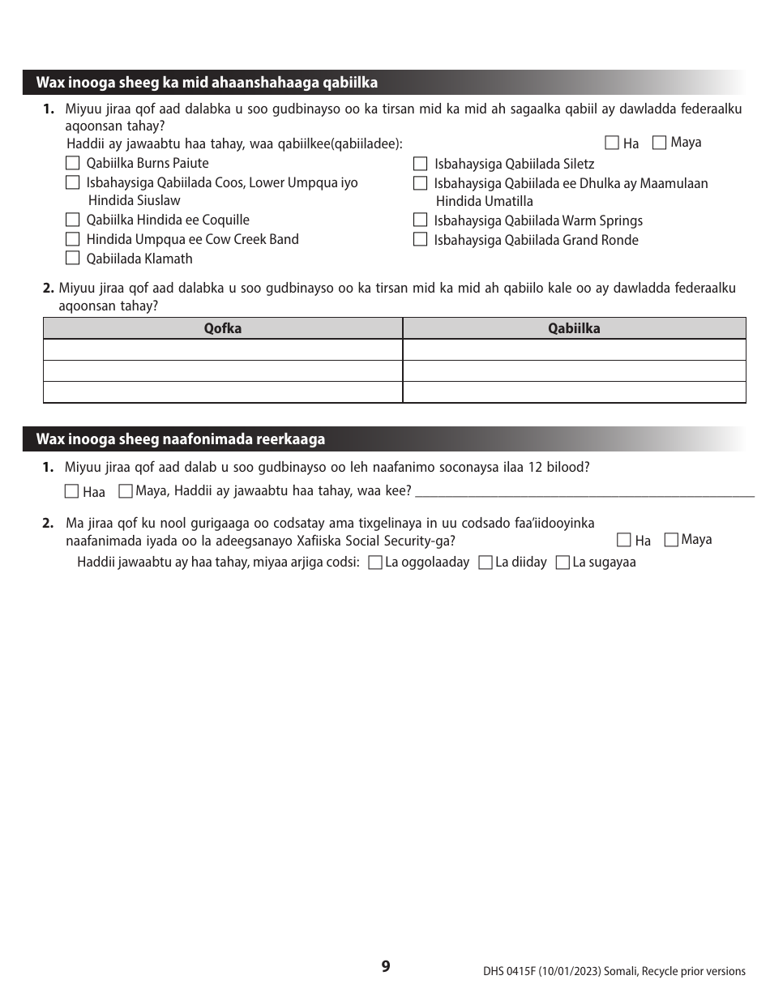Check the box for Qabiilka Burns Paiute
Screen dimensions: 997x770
(x=72, y=163)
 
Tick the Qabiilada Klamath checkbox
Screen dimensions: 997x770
(x=72, y=259)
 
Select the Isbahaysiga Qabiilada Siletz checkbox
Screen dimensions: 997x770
(x=420, y=164)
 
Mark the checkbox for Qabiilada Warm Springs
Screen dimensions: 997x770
(x=420, y=220)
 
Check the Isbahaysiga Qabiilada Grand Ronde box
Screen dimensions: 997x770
(x=420, y=239)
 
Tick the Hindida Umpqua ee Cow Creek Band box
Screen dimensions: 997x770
(x=72, y=239)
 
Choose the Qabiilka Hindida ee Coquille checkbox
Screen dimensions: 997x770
(x=72, y=220)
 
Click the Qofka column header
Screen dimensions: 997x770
(x=223, y=328)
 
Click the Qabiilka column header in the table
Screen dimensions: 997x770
(x=574, y=328)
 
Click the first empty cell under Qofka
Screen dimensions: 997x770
(x=223, y=349)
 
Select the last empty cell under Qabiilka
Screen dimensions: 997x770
(x=574, y=392)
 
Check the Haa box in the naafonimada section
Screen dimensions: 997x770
(x=71, y=491)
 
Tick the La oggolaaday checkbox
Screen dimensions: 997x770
(x=375, y=563)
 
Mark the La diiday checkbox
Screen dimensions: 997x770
(x=486, y=563)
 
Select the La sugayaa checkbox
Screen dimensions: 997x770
(x=563, y=563)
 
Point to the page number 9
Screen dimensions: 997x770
(x=386, y=966)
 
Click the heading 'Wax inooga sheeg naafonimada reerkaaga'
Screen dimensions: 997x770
(x=181, y=439)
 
